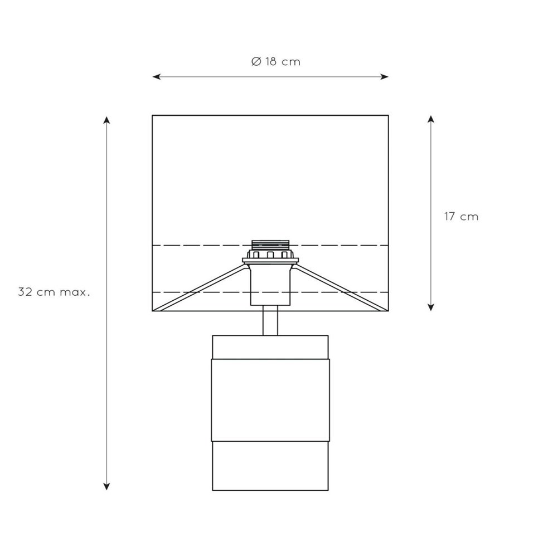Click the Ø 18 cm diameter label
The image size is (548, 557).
click(275, 62)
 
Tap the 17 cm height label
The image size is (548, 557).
click(461, 216)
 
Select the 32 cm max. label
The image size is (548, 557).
click(54, 292)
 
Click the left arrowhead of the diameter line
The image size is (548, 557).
click(157, 76)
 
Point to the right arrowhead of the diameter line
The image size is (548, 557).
click(384, 76)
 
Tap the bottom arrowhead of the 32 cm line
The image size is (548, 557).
click(106, 486)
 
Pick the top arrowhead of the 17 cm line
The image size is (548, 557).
click(430, 120)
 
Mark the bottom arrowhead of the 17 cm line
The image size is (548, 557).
click(430, 306)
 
